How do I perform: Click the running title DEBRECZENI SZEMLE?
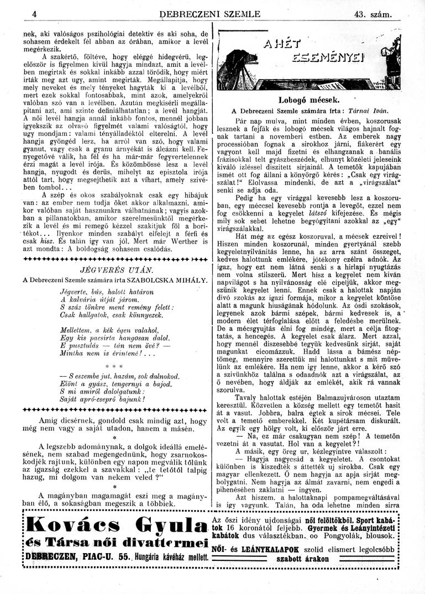point(209,14)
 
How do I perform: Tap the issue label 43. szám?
point(374,14)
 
